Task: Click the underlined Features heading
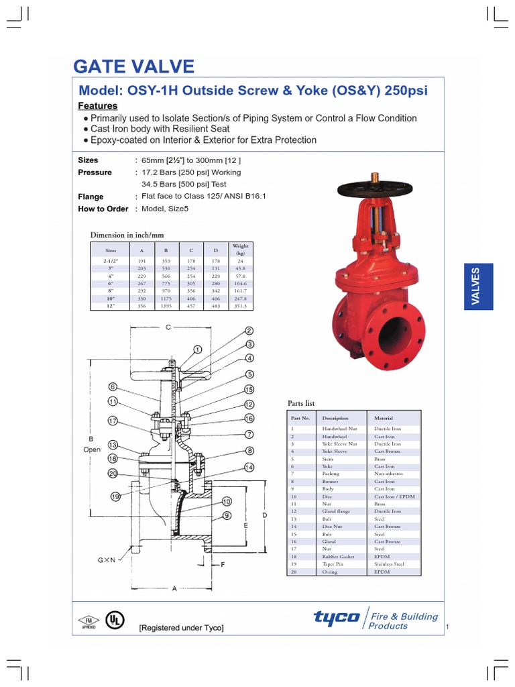click(98, 106)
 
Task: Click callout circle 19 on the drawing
click(115, 497)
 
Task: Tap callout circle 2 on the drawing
click(249, 331)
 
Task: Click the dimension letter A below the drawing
click(174, 588)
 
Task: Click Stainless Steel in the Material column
click(390, 564)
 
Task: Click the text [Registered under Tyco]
click(181, 628)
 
